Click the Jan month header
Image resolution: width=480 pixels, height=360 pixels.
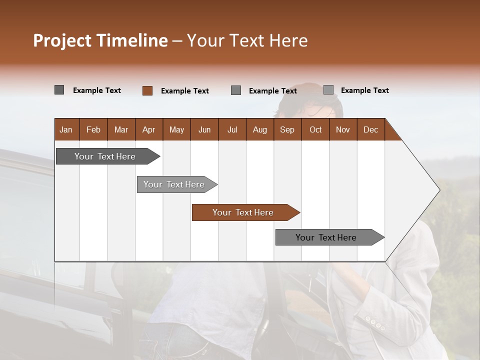66,129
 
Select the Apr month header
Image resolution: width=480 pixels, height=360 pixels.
148,129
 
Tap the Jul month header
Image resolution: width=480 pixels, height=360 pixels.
232,129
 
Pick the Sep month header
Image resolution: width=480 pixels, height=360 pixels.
287,129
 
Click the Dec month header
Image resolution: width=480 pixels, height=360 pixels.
370,129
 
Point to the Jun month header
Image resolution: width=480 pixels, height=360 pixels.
204,129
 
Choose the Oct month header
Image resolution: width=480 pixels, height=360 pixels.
315,129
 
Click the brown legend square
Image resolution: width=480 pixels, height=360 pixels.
147,90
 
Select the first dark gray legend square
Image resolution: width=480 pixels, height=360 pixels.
59,90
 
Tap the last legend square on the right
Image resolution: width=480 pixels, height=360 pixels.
328,90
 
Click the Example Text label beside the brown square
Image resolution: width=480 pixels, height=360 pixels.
185,91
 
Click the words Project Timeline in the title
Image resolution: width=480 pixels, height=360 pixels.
100,40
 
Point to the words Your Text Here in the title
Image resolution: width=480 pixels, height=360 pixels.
247,40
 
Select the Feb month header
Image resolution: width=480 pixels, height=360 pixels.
93,129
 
